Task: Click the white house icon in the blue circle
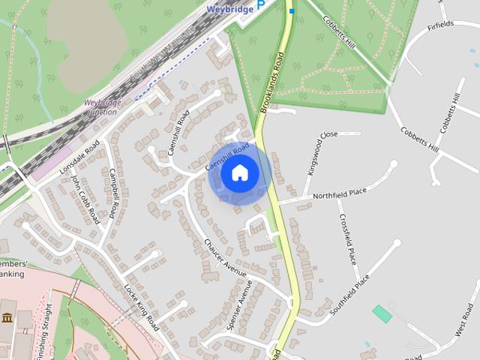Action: [x=240, y=173]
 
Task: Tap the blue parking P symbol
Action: [x=261, y=4]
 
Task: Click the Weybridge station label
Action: [x=229, y=10]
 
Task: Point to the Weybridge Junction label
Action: [x=101, y=106]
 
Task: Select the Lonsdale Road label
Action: [x=79, y=160]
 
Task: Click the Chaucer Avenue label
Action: [x=226, y=260]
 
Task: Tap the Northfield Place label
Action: [x=340, y=193]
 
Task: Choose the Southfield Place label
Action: [x=351, y=294]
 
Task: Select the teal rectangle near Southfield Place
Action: [x=382, y=313]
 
